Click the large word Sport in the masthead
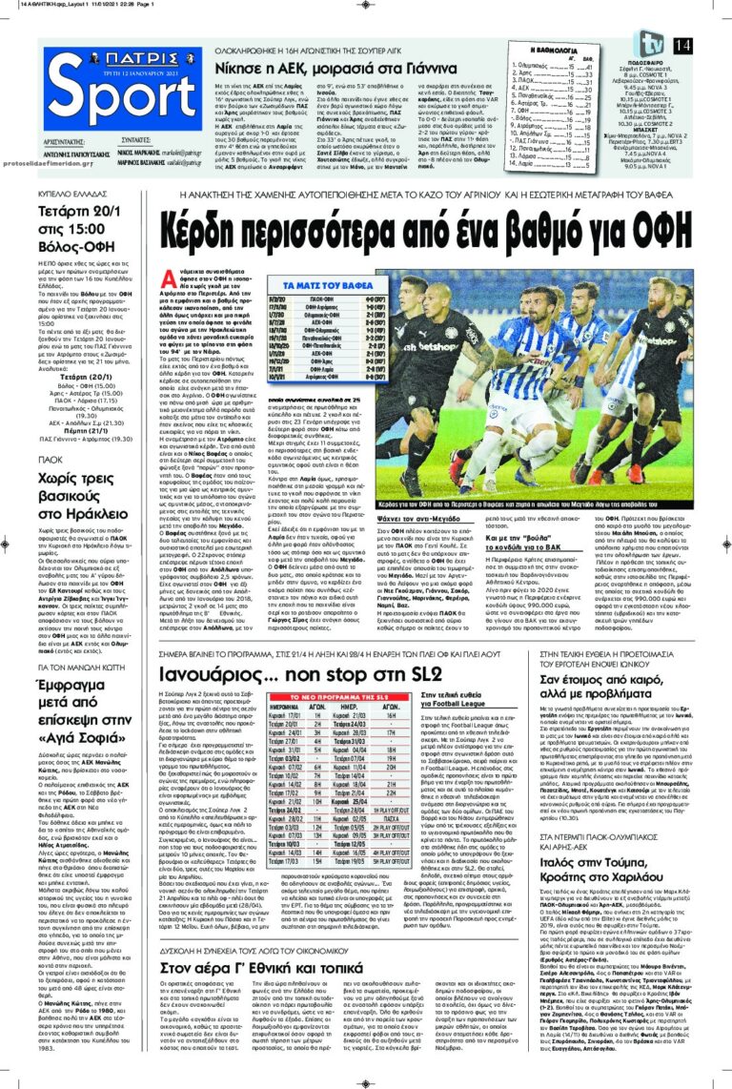[123, 119]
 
